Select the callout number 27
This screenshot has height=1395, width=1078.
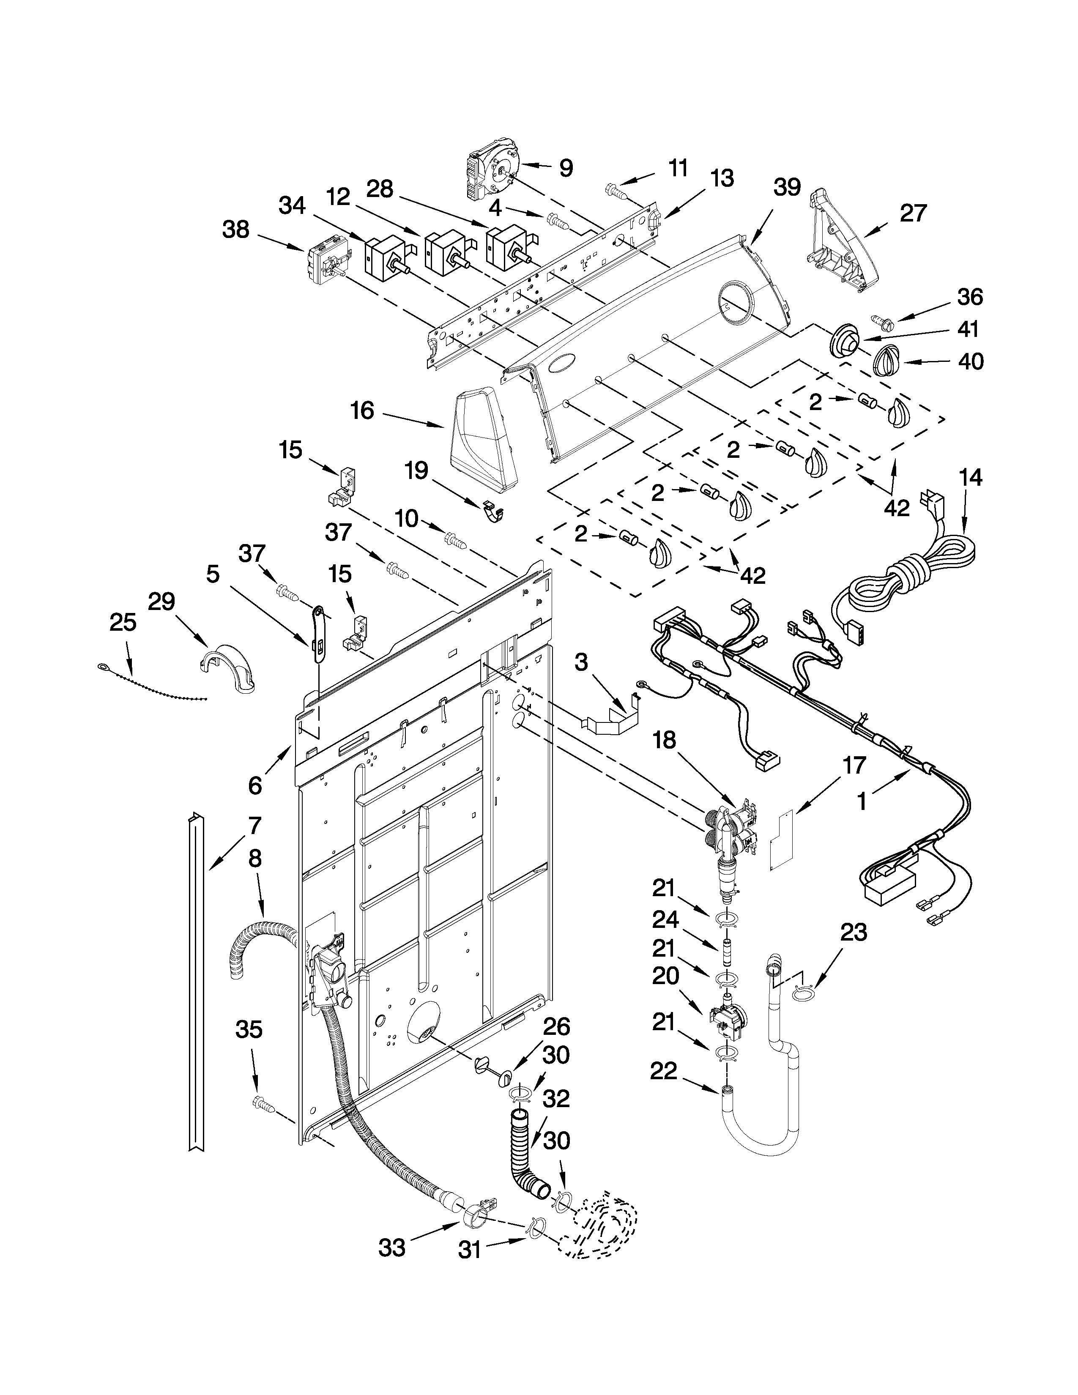pyautogui.click(x=913, y=213)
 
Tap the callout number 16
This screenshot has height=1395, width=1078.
pyautogui.click(x=362, y=411)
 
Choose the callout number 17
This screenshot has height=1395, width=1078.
pyautogui.click(x=854, y=765)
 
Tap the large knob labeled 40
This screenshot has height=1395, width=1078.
pyautogui.click(x=886, y=363)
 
